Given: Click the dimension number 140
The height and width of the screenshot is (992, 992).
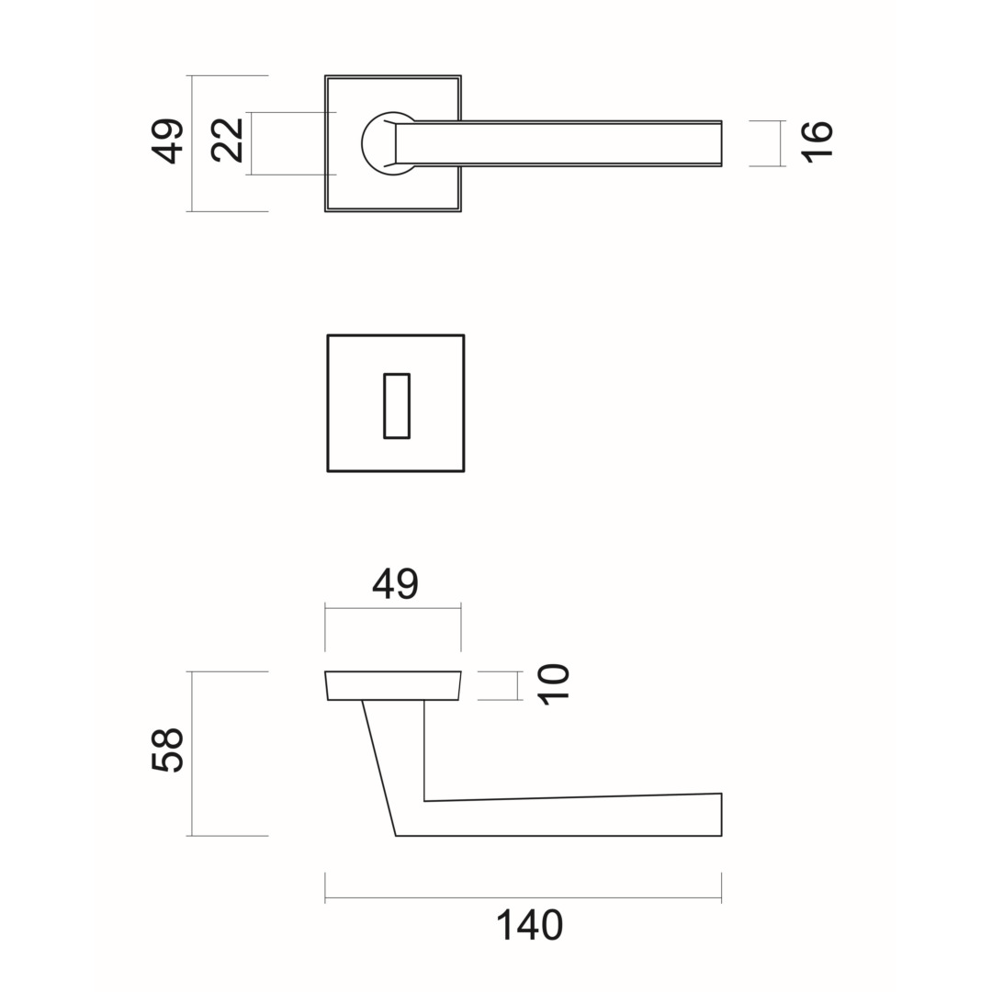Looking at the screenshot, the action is (x=529, y=926).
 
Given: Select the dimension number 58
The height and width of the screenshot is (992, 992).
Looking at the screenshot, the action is (x=168, y=750).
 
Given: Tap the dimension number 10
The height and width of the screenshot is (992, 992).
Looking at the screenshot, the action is (x=554, y=684).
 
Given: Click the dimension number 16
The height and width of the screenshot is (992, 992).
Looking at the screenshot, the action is (x=817, y=142).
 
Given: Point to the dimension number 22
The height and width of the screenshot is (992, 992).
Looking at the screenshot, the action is (x=227, y=141).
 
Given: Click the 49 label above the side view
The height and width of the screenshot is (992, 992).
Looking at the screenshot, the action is (x=395, y=584).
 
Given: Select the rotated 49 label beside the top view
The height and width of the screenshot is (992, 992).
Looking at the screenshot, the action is (x=168, y=141).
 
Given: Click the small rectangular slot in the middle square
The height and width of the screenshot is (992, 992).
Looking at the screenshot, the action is (x=397, y=406).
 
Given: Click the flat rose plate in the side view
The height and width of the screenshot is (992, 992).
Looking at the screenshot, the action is (x=393, y=686).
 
